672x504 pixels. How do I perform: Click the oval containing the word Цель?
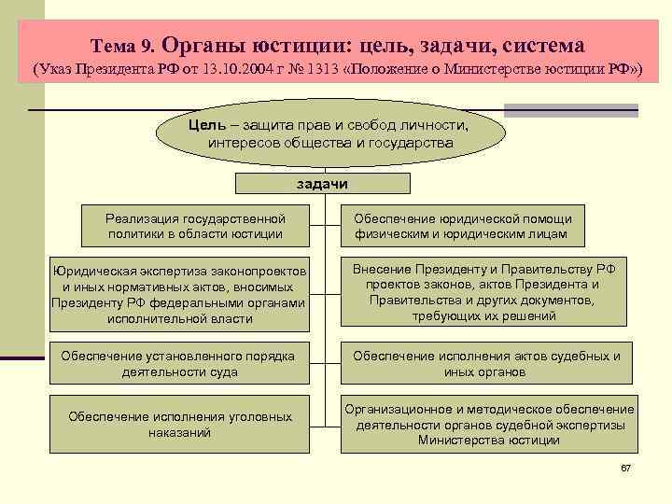click(331, 135)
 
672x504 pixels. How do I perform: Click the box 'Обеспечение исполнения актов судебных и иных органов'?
click(486, 364)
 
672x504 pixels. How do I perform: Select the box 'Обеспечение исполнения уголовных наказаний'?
click(179, 425)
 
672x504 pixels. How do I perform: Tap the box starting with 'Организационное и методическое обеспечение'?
click(489, 425)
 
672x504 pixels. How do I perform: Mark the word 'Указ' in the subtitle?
click(57, 71)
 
